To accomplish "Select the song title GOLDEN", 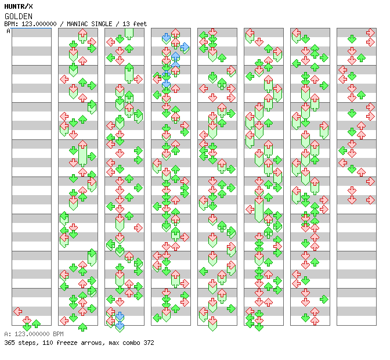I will tap(19, 16).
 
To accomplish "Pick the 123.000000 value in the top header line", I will tap(39, 24).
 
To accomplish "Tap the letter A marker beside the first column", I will tap(8, 31).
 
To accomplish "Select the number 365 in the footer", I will tap(9, 343).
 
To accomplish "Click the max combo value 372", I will tap(149, 343).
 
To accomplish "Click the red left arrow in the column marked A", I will tap(17, 311).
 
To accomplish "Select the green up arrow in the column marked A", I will tap(36, 323).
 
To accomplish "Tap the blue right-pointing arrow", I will tap(185, 47).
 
